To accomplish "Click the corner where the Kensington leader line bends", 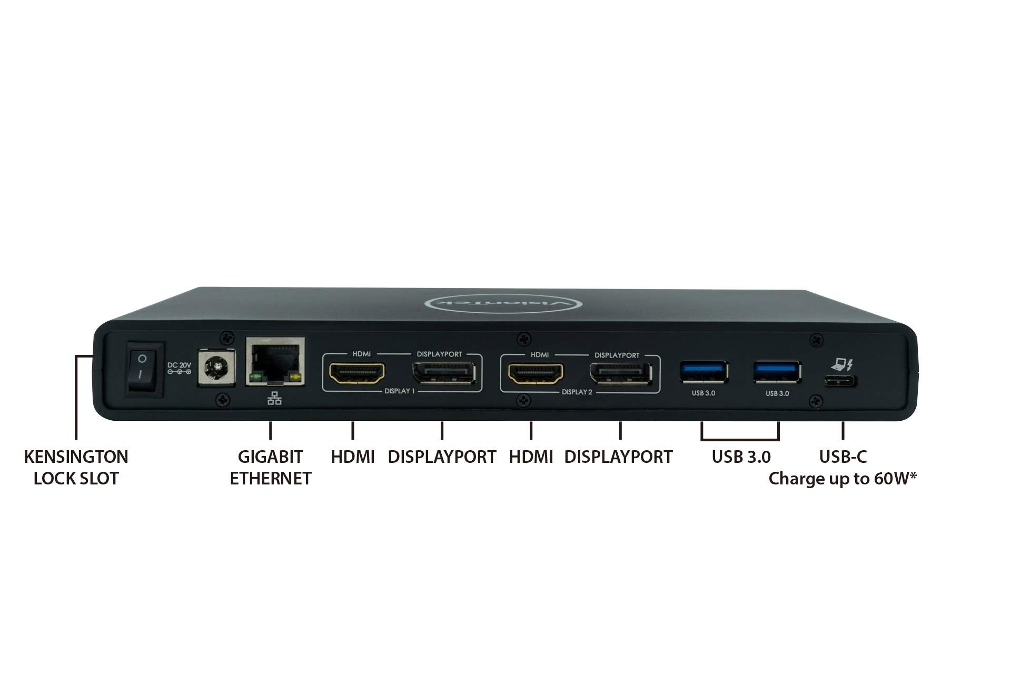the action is click(76, 356).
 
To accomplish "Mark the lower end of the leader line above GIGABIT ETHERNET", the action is click(270, 439).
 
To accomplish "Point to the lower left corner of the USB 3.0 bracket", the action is click(702, 440).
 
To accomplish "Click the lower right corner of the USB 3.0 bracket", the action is click(778, 440).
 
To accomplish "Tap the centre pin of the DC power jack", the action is click(216, 366).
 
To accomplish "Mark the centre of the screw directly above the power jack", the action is click(227, 336).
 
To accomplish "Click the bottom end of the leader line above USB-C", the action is click(843, 439).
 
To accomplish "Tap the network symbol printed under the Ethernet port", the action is click(274, 399).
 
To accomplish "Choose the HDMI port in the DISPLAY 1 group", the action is click(357, 373).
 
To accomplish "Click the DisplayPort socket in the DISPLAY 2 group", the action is click(620, 374).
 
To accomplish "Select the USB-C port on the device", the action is click(840, 381).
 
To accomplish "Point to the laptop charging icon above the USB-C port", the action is click(841, 364).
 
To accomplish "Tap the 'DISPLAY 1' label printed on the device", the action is click(400, 391).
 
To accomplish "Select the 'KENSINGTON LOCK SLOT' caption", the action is click(76, 468).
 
